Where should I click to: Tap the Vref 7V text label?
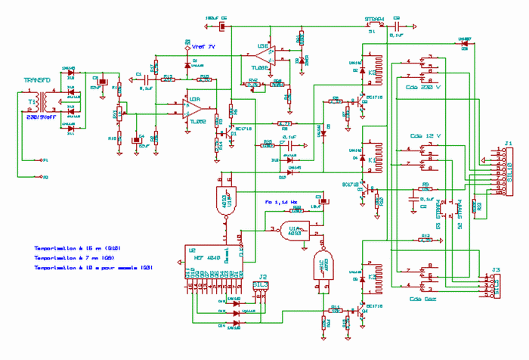coord(203,47)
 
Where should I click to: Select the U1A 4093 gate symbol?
coord(293,231)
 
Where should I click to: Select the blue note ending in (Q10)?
coord(78,248)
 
